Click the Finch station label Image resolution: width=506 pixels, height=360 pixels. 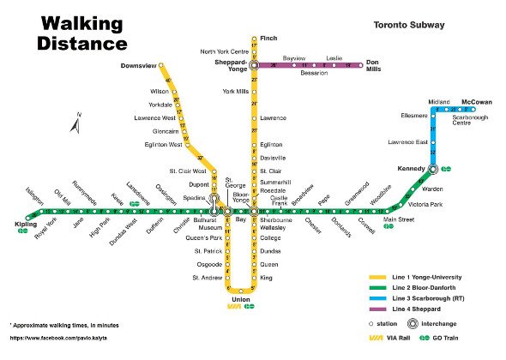point(268,39)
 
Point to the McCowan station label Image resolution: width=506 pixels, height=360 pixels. point(476,102)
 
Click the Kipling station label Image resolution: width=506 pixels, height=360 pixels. point(27,224)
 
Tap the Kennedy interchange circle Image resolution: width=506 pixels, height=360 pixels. point(434,168)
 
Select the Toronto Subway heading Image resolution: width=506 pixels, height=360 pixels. point(409,26)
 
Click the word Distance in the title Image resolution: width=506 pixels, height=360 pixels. point(82,43)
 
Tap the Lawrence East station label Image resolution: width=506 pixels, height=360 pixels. point(407,141)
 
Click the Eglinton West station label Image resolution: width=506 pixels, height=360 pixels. point(163,144)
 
